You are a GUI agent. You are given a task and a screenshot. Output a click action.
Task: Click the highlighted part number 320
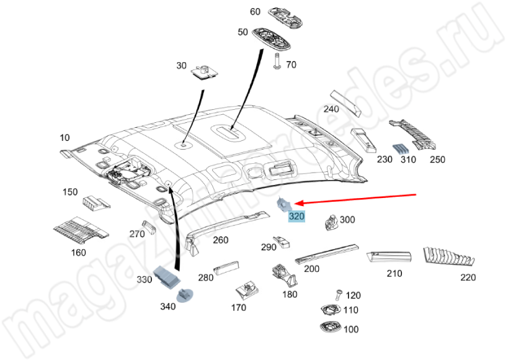tap(297, 217)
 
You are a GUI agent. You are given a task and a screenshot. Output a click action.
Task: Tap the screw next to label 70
tap(277, 62)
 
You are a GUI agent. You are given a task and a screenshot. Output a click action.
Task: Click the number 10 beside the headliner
tap(65, 138)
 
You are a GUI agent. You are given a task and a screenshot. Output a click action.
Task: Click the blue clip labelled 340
tap(186, 294)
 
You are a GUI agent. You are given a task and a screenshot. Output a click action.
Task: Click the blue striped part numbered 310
tap(402, 148)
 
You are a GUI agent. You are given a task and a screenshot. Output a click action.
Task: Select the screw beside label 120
tap(338, 294)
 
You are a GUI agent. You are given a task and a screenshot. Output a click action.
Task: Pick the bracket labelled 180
tap(284, 274)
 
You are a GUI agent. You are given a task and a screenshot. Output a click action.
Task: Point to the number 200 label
tap(312, 269)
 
